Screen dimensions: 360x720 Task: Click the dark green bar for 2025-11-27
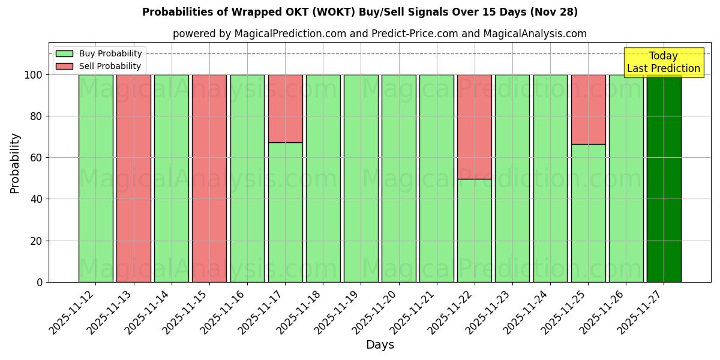664,180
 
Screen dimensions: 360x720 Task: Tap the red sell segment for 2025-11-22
475,127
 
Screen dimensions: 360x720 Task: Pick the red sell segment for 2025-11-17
285,109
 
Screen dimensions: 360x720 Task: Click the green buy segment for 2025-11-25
588,213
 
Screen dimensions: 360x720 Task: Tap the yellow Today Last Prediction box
664,62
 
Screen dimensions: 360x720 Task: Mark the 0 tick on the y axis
40,282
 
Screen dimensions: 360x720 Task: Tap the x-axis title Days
380,345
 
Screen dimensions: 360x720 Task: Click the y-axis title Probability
15,163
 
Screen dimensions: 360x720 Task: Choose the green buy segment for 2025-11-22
475,230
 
